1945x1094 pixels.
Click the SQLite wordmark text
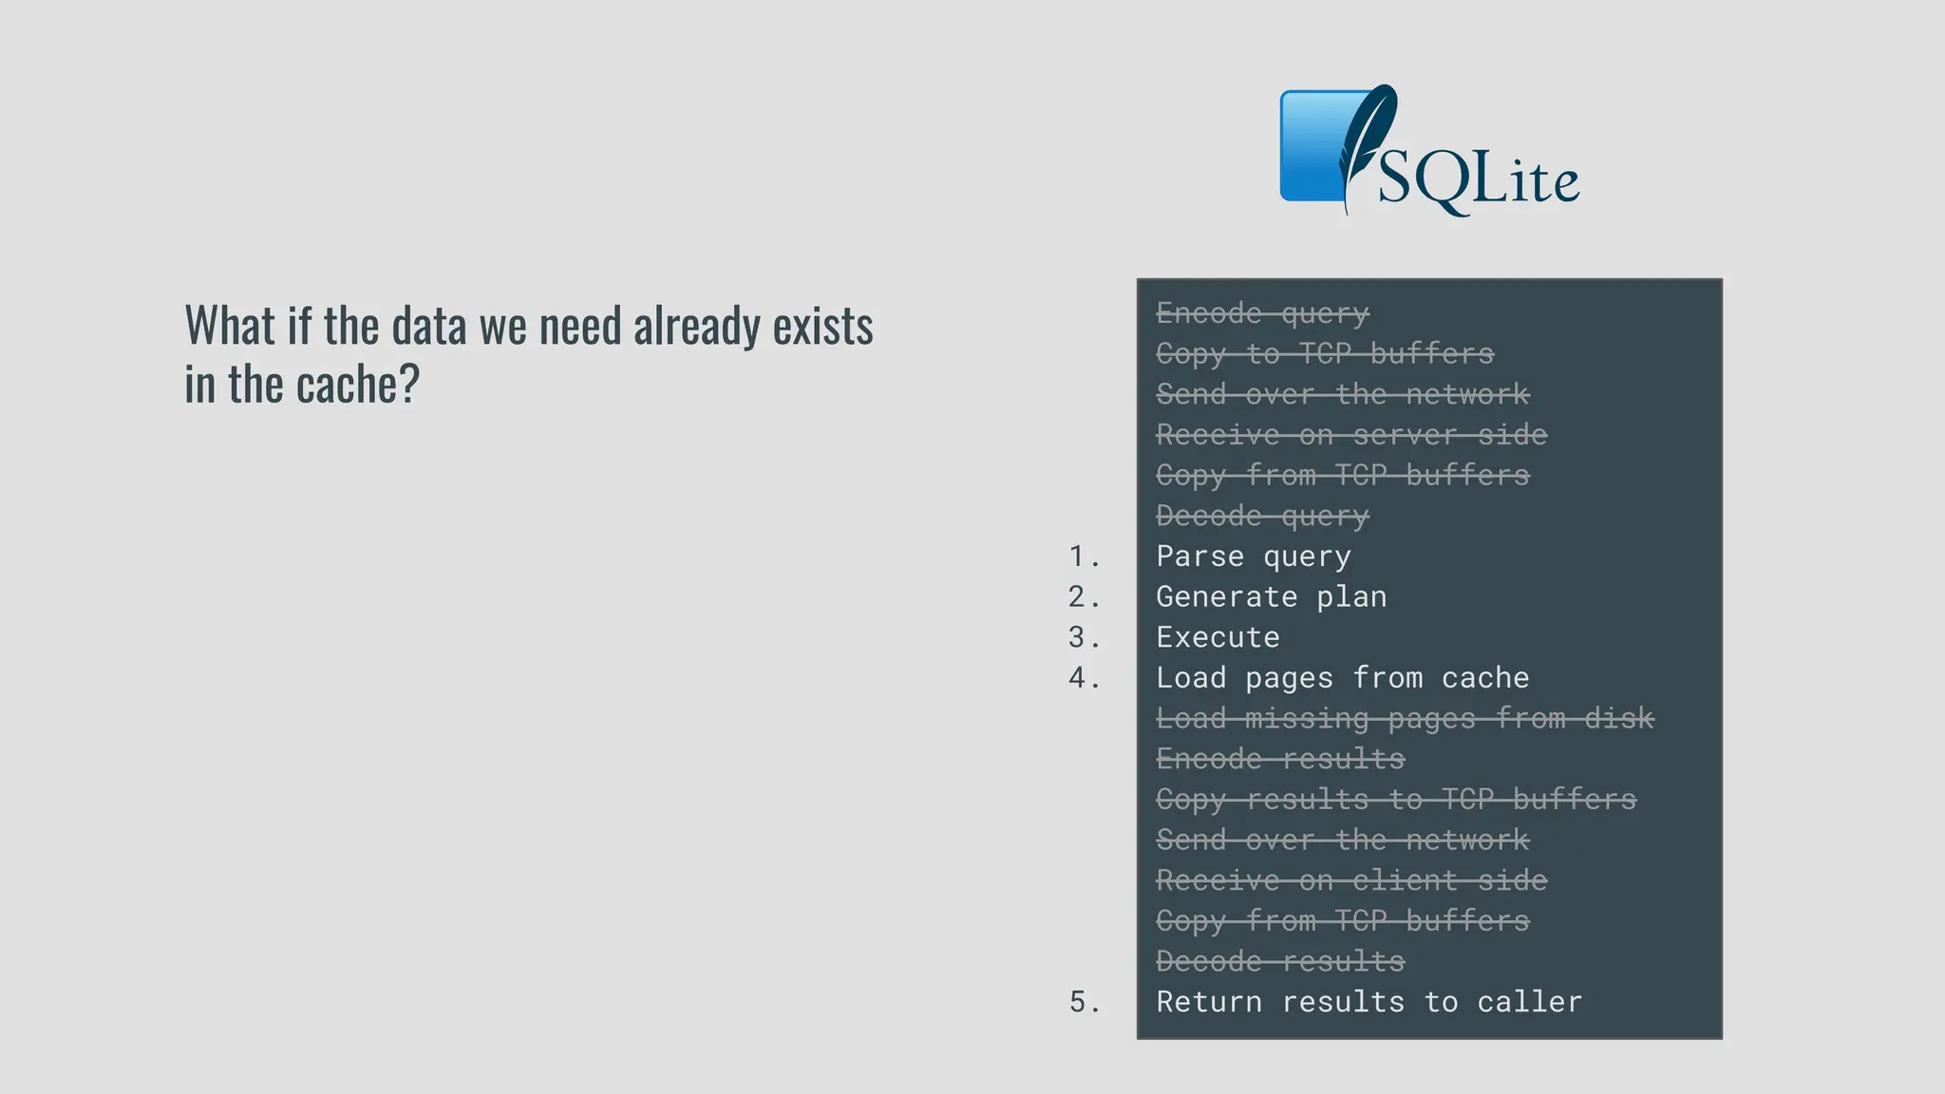click(x=1478, y=179)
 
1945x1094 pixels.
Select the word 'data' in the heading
click(x=429, y=327)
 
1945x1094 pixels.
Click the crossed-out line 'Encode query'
click(x=1262, y=313)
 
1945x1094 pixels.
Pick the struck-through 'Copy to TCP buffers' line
click(x=1325, y=354)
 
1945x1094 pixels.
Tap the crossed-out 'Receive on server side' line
click(x=1351, y=435)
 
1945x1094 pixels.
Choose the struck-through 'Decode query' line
click(x=1262, y=517)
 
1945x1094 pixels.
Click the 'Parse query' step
click(x=1253, y=556)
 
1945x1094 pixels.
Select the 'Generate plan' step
click(x=1271, y=597)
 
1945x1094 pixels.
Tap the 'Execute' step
click(x=1218, y=637)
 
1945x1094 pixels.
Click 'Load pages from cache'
click(x=1342, y=678)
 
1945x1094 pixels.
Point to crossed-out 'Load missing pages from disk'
click(x=1405, y=719)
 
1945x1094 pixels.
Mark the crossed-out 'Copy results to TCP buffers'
click(x=1396, y=800)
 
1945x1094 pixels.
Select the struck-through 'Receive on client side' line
click(x=1351, y=881)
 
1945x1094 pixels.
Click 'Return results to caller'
click(x=1369, y=1002)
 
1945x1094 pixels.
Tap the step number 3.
click(x=1084, y=637)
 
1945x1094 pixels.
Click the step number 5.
click(x=1084, y=1002)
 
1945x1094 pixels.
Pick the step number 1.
click(x=1084, y=556)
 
